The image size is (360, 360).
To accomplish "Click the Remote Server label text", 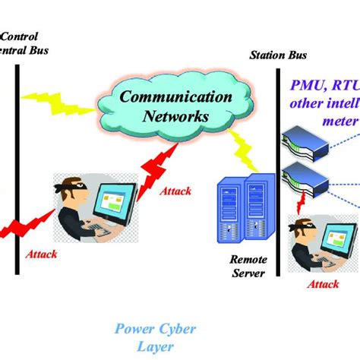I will pos(247,266).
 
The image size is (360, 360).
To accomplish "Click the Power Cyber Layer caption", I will pos(155,336).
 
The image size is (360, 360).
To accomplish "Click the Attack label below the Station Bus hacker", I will pos(324,283).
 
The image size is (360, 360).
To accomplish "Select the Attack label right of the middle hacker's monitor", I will pos(175,191).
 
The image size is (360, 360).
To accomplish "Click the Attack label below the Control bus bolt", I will pos(41,253).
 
